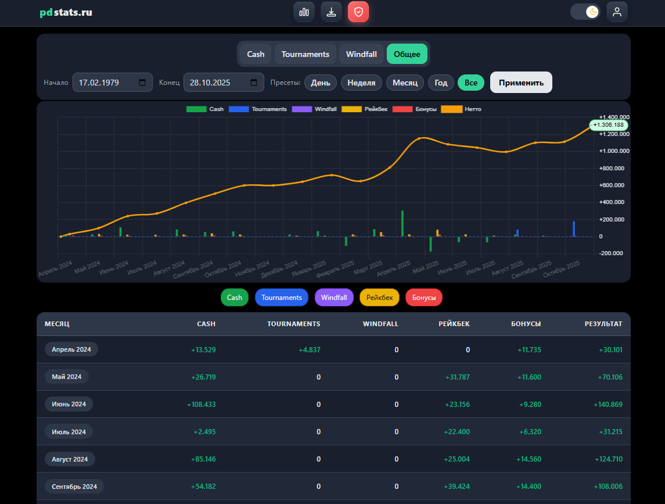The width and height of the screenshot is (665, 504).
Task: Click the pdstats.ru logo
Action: pyautogui.click(x=66, y=12)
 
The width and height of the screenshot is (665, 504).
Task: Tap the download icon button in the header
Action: pyautogui.click(x=331, y=12)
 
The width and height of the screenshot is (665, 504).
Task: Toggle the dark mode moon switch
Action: pyautogui.click(x=585, y=12)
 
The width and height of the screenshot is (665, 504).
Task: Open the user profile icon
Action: pyautogui.click(x=617, y=12)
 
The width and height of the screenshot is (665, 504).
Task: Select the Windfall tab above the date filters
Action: pyautogui.click(x=361, y=54)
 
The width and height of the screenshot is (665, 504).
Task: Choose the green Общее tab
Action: pyautogui.click(x=407, y=54)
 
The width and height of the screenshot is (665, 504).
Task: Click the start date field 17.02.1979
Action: pyautogui.click(x=113, y=83)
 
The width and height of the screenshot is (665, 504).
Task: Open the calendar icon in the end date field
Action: pyautogui.click(x=254, y=83)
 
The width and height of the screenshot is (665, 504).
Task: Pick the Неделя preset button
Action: pyautogui.click(x=361, y=83)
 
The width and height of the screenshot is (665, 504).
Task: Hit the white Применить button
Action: pyautogui.click(x=521, y=83)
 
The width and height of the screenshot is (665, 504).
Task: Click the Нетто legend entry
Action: pyautogui.click(x=461, y=109)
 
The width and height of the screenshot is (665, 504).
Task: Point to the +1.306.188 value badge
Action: pyautogui.click(x=609, y=125)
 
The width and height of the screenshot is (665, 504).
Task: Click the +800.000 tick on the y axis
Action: pyautogui.click(x=612, y=168)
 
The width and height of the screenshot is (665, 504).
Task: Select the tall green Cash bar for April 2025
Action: pyautogui.click(x=402, y=223)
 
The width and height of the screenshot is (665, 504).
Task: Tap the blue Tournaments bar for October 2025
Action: pyautogui.click(x=574, y=229)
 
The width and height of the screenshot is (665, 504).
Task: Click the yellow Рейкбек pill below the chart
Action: pyautogui.click(x=380, y=297)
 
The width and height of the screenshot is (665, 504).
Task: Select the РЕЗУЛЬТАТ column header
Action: pyautogui.click(x=603, y=324)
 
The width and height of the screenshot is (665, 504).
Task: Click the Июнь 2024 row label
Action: pyautogui.click(x=69, y=404)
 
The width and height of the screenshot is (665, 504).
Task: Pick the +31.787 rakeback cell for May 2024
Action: pyautogui.click(x=457, y=377)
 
